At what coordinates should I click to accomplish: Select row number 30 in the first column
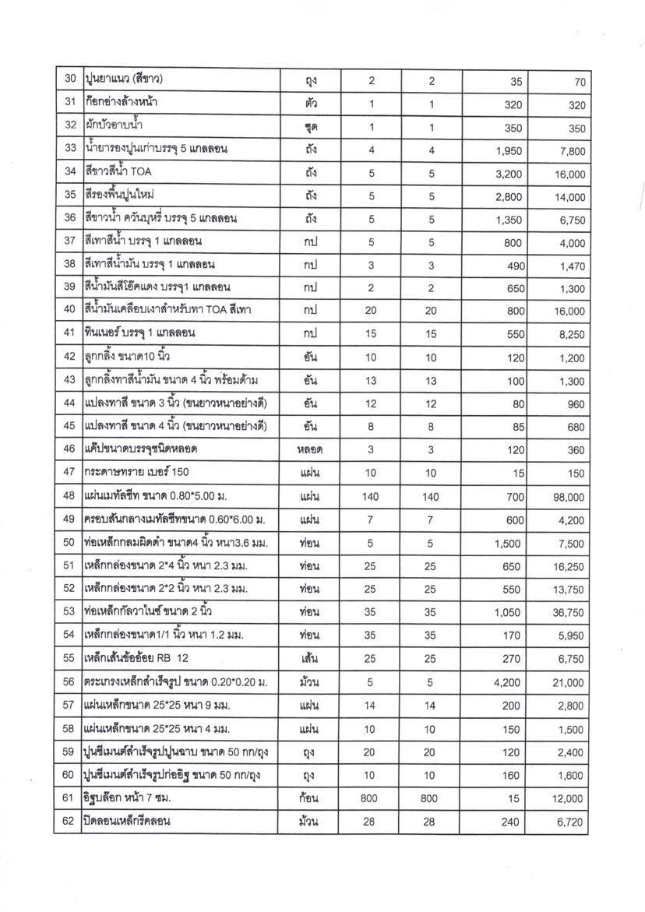pos(69,81)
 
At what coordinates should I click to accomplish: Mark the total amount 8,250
pos(569,333)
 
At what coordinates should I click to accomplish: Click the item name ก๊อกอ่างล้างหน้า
pos(125,104)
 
